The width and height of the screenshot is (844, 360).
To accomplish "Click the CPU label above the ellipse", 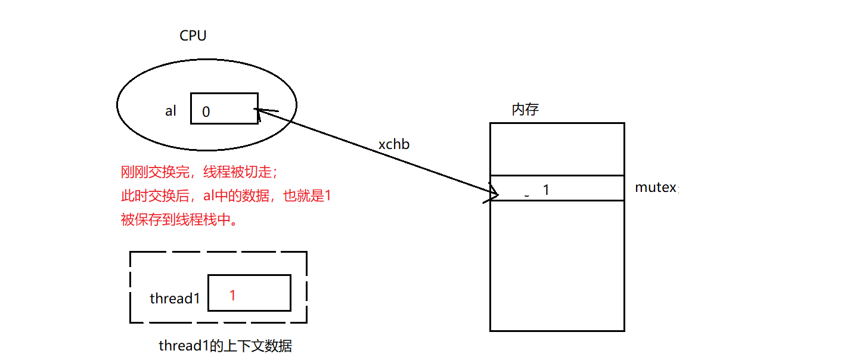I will [x=193, y=36].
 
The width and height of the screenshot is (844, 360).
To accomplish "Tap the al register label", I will [x=171, y=111].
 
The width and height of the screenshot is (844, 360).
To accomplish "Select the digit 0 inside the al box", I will [x=206, y=111].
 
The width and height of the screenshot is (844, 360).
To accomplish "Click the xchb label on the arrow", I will [x=394, y=144].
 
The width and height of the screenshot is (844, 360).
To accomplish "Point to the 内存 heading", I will [x=525, y=110].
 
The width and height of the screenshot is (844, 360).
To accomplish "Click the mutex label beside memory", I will [x=656, y=187].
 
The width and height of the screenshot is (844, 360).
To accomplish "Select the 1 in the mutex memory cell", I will [x=545, y=190].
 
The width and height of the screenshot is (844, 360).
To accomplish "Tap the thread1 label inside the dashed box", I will [x=175, y=298].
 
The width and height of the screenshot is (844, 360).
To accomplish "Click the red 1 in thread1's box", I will [x=232, y=295].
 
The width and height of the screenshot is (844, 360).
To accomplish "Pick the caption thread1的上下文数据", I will [x=225, y=346].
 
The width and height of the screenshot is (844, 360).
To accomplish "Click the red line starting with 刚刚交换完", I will [x=199, y=173].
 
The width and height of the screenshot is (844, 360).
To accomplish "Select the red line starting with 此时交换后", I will [x=225, y=196].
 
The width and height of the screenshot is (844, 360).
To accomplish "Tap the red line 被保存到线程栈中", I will [x=179, y=220].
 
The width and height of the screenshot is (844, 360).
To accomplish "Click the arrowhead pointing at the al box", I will [x=262, y=110].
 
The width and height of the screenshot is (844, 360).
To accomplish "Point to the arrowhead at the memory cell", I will [x=494, y=194].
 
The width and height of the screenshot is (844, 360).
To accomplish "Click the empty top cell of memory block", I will [x=557, y=149].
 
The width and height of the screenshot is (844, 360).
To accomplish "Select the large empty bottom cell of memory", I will [x=557, y=265].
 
